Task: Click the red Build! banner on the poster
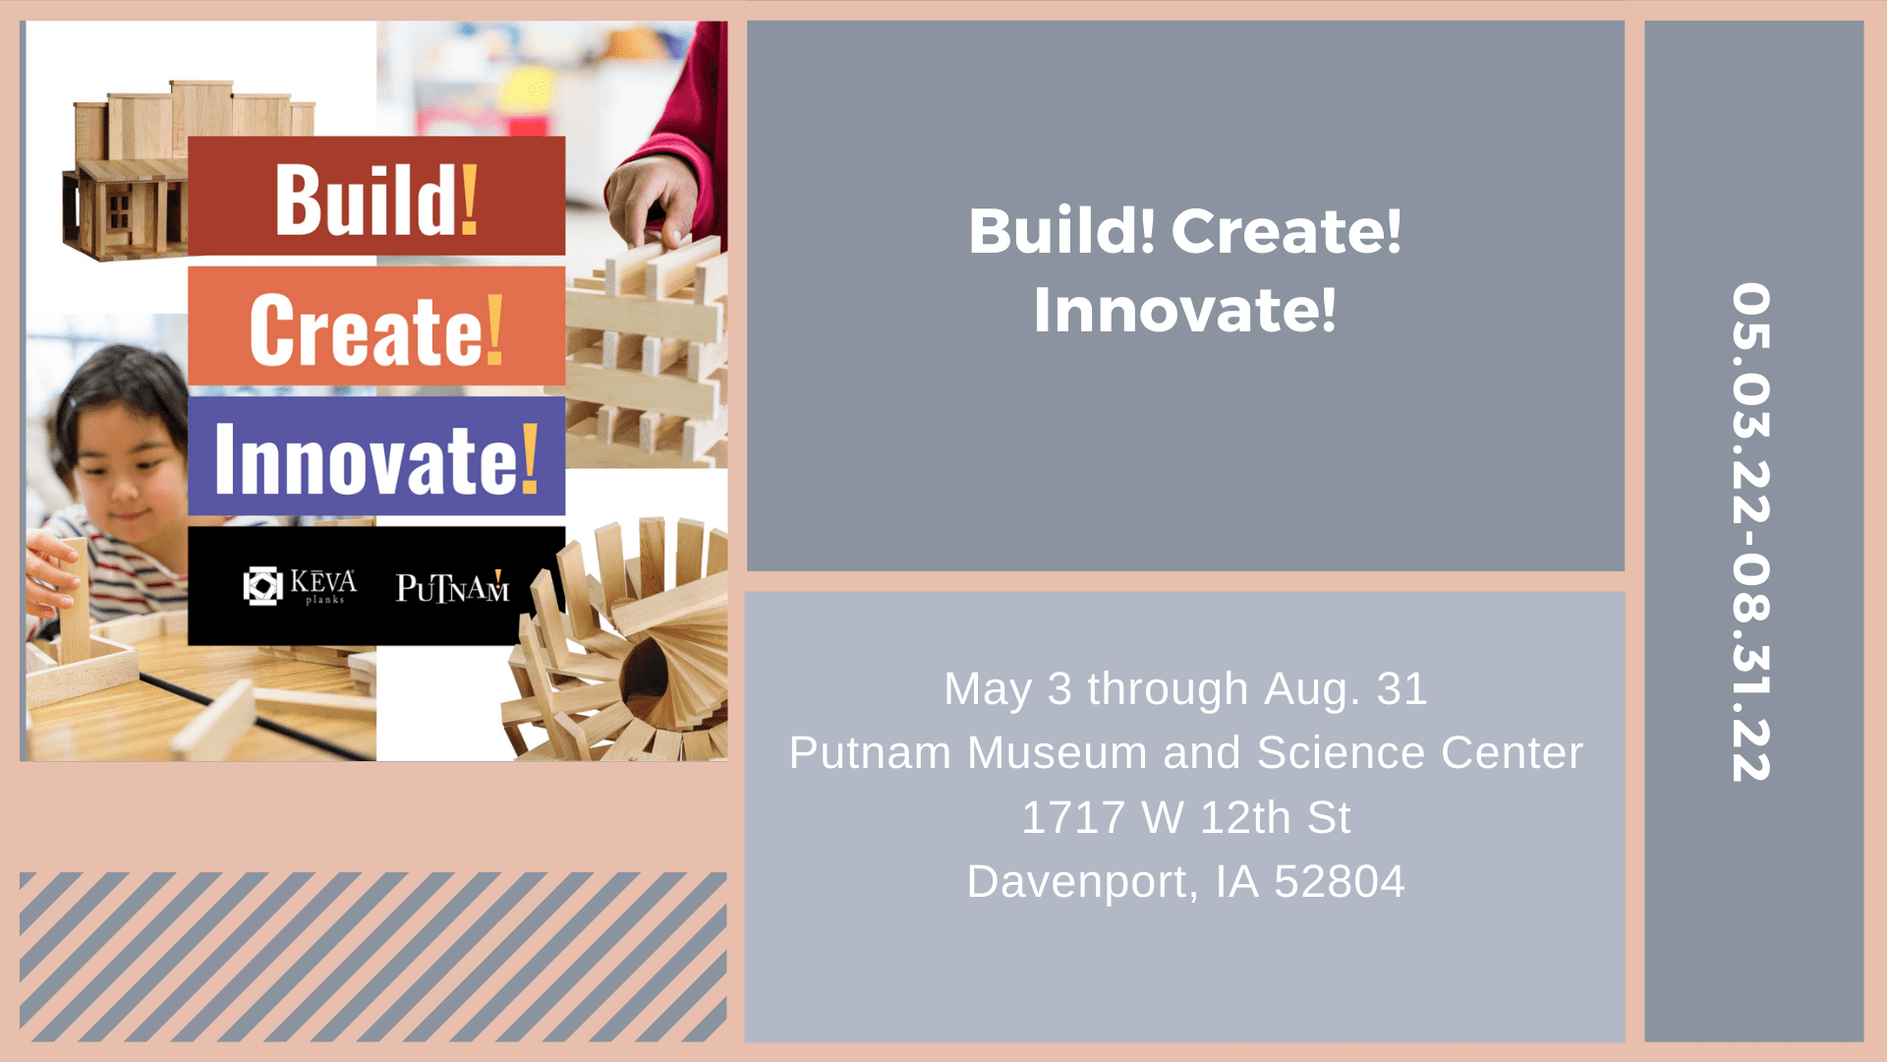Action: click(376, 196)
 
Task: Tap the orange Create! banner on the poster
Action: click(376, 325)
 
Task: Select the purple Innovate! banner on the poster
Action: click(376, 455)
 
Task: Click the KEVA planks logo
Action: click(300, 586)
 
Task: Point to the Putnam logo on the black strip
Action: click(453, 587)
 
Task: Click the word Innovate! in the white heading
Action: click(1185, 310)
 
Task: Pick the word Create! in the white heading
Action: click(1287, 231)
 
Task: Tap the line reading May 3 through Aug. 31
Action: click(1185, 688)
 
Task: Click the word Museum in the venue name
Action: click(1058, 753)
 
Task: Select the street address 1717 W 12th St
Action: click(1186, 817)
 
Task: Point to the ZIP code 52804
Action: click(1340, 882)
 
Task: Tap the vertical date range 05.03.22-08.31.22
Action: click(1751, 532)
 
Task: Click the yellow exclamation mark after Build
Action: click(469, 199)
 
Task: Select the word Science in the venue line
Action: click(1341, 753)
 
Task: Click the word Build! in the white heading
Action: click(1062, 231)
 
